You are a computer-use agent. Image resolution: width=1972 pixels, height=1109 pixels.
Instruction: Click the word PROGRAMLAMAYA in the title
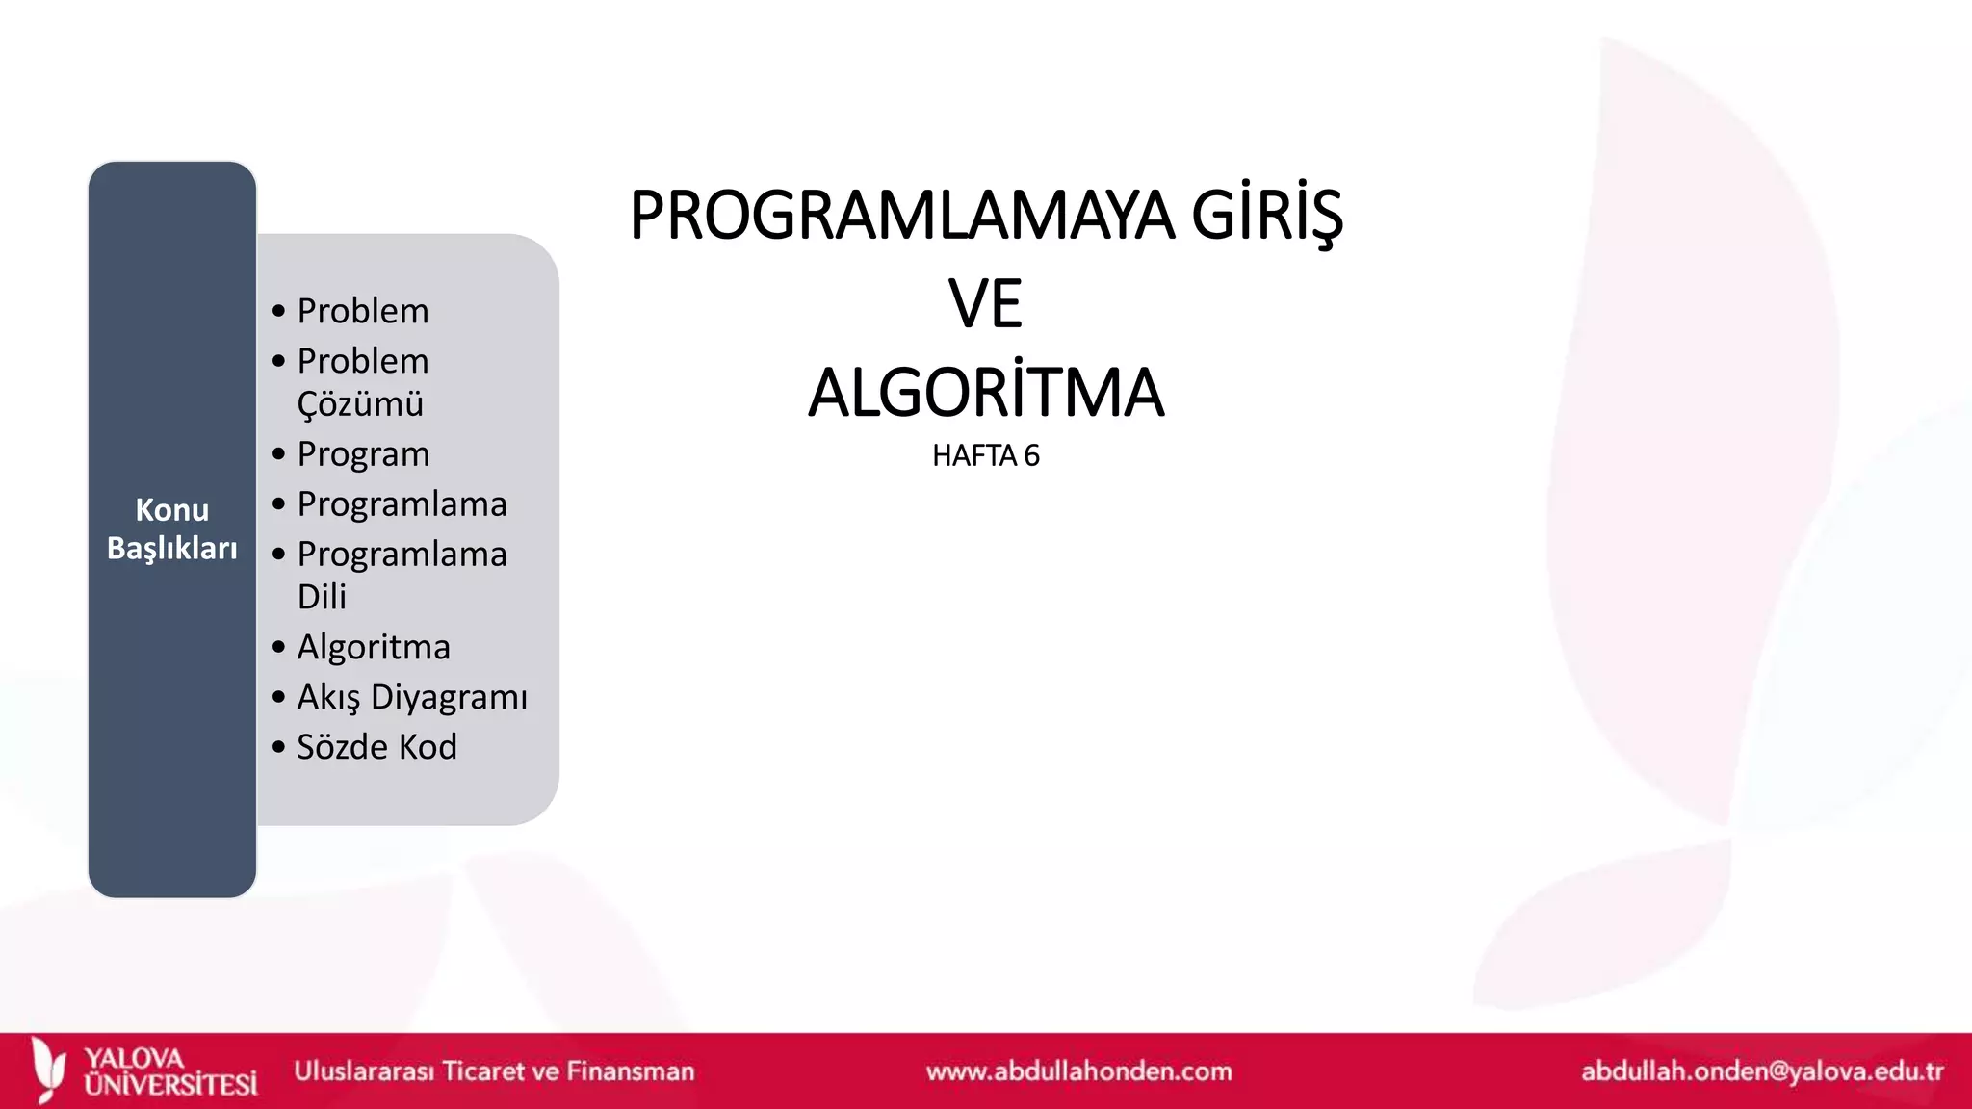[901, 216]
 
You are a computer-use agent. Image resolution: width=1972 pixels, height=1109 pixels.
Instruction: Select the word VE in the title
[985, 304]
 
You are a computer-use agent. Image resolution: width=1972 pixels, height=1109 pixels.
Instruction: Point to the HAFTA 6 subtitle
[985, 455]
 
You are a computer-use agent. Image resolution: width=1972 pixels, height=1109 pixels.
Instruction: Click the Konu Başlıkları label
[171, 529]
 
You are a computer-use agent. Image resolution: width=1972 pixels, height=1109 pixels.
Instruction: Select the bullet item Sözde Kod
[376, 747]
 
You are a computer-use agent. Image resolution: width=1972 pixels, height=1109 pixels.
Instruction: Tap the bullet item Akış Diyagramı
[412, 697]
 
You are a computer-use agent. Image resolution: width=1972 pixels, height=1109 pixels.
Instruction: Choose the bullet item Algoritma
[374, 647]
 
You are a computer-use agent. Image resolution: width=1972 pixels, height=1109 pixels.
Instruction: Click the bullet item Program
[363, 454]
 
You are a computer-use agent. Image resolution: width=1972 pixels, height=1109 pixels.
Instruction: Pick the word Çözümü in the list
[360, 404]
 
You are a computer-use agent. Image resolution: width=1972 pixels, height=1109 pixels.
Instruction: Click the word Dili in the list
[322, 597]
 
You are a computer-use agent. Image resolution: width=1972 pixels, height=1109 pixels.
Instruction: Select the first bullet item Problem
[363, 311]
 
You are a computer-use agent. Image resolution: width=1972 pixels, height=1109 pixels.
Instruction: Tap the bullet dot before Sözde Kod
[279, 747]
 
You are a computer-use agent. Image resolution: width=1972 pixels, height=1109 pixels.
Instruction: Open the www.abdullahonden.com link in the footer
[1078, 1071]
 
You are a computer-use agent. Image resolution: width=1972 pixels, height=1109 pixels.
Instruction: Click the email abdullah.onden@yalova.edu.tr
[1762, 1071]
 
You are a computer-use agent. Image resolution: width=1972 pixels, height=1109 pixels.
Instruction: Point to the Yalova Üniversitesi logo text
[170, 1071]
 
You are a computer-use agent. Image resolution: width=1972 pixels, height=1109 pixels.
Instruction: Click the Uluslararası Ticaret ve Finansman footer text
[494, 1071]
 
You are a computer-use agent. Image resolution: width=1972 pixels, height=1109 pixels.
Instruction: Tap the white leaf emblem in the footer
[48, 1069]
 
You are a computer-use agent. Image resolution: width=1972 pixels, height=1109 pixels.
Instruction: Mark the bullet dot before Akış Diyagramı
[279, 697]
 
